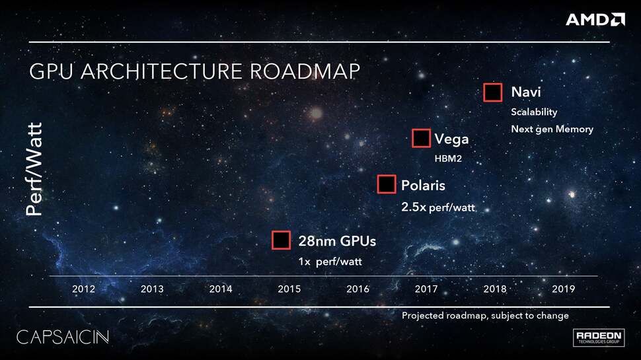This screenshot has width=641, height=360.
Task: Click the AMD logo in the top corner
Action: click(x=595, y=19)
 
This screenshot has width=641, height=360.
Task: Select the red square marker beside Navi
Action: click(x=493, y=92)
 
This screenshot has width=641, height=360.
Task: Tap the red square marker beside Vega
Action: click(x=421, y=138)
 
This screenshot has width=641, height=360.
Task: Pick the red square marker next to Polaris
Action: click(x=387, y=184)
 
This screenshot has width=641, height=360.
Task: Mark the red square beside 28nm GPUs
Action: click(x=282, y=240)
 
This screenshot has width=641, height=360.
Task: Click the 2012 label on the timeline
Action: click(x=83, y=289)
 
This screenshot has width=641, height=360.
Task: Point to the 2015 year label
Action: click(x=289, y=289)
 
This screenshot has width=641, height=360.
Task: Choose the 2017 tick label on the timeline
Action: click(x=426, y=289)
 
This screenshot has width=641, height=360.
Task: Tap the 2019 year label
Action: click(x=563, y=289)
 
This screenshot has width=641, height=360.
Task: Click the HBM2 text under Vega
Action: click(x=448, y=159)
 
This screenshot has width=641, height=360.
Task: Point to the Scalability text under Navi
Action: click(x=534, y=112)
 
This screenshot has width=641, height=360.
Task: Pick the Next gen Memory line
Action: click(x=552, y=129)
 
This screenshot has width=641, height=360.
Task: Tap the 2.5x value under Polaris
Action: click(x=414, y=207)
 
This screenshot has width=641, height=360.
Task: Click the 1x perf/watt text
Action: click(x=330, y=262)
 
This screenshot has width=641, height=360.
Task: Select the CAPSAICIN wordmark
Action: click(x=62, y=336)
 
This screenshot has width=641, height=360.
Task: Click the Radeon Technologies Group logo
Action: click(x=599, y=337)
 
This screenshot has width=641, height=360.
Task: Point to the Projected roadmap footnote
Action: click(x=485, y=316)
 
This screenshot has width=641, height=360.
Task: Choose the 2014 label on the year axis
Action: click(x=221, y=289)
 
